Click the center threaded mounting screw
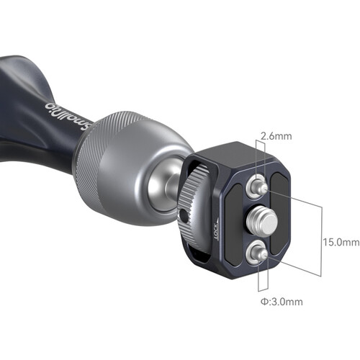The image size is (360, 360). click(x=258, y=220)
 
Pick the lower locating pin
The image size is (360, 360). click(x=255, y=252)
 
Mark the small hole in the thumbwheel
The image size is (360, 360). click(x=186, y=215)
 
